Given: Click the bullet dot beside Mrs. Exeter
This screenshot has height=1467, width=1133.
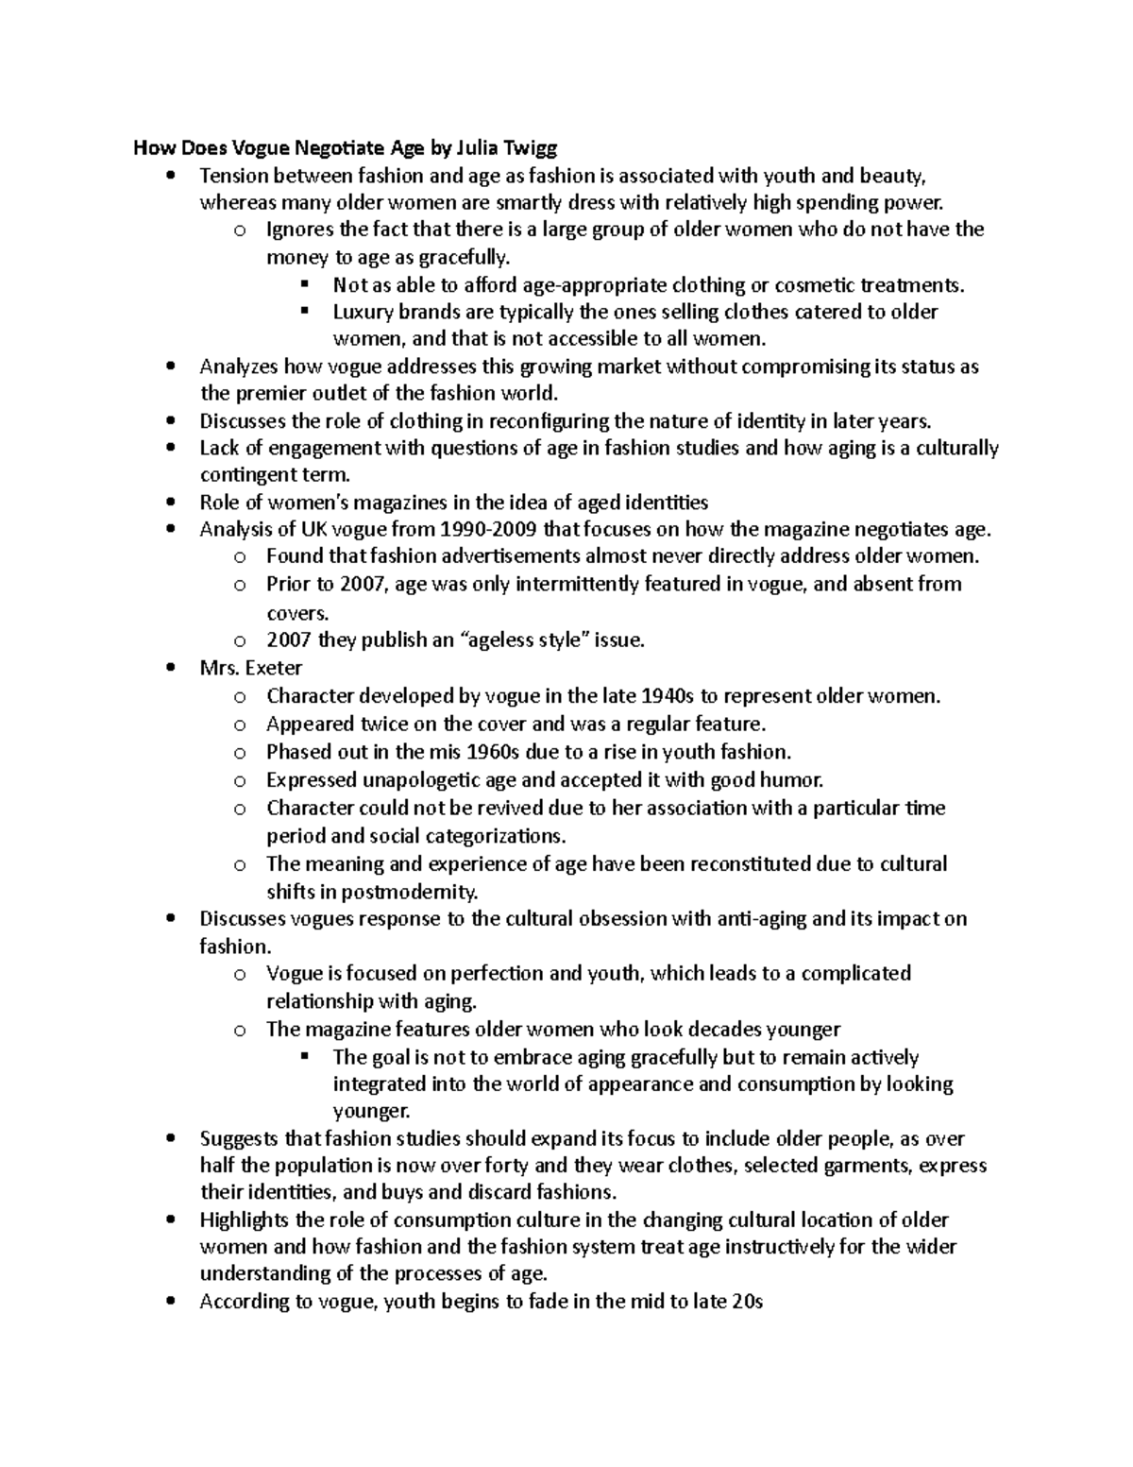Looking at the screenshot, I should coord(170,668).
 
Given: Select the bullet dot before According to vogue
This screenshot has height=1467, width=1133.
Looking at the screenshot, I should coord(170,1302).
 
